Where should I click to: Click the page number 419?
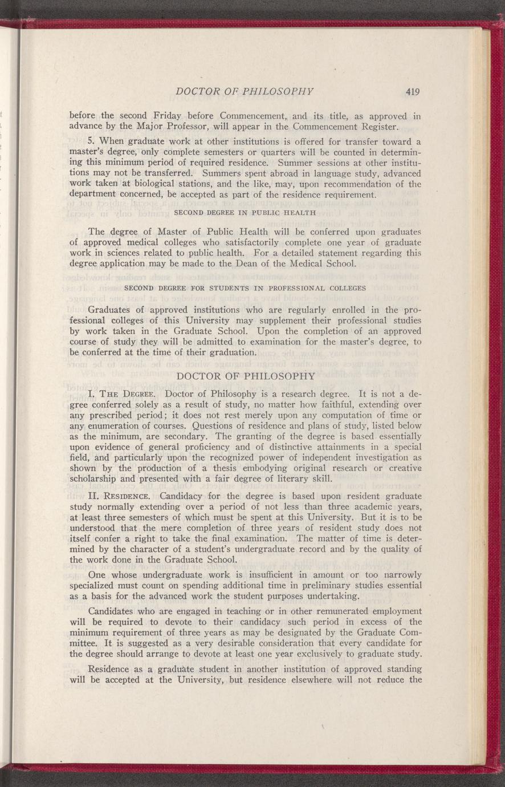(413, 91)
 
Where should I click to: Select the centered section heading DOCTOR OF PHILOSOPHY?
(246, 376)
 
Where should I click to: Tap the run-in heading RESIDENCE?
(128, 496)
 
